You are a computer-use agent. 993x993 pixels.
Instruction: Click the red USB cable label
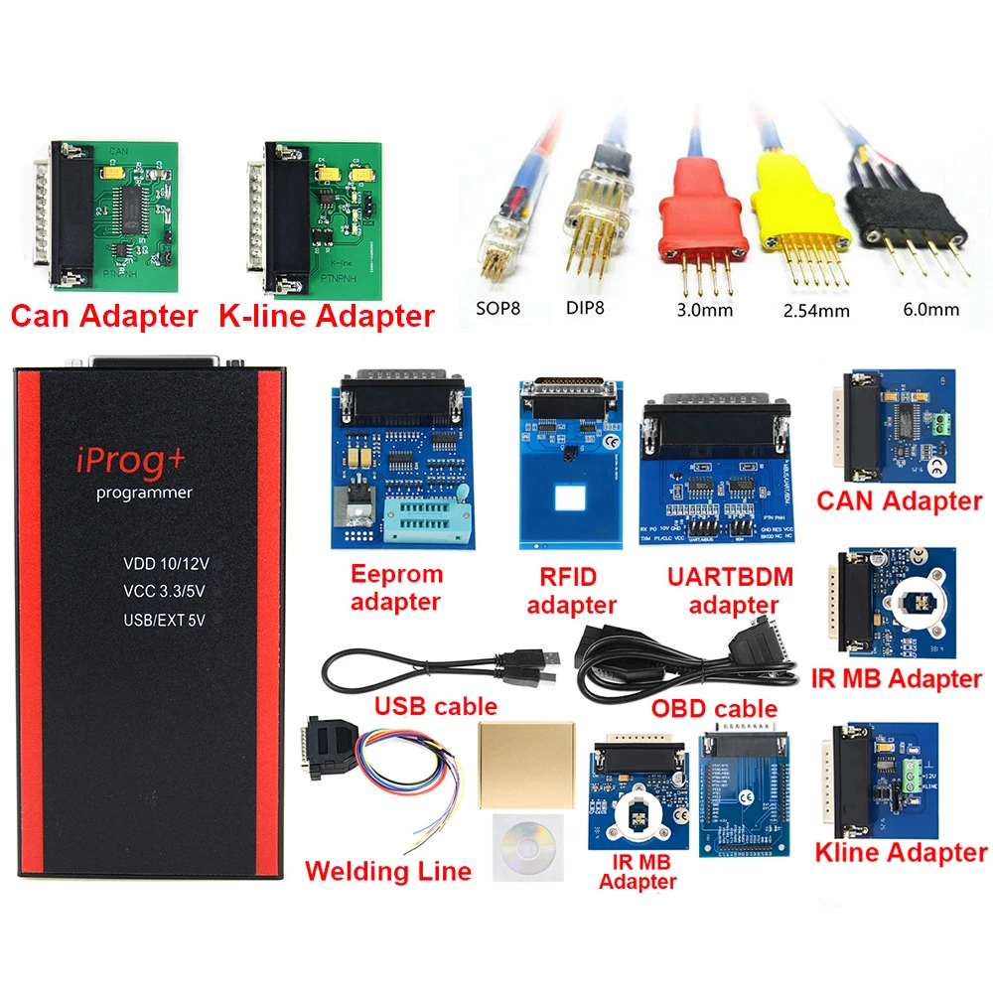435,706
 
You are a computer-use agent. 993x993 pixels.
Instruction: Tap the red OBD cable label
714,708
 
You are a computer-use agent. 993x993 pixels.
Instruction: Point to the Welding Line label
388,871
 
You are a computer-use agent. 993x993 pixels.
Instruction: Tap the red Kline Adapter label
901,852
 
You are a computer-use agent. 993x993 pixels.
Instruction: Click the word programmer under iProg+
145,493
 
